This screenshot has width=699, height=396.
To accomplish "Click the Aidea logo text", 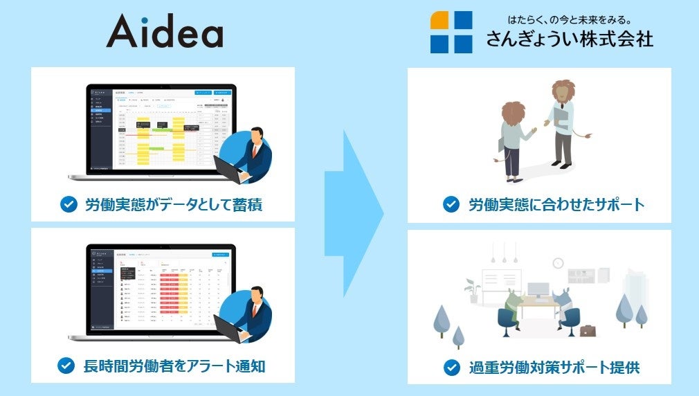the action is click(165, 32).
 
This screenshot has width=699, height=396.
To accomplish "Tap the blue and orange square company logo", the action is click(451, 32).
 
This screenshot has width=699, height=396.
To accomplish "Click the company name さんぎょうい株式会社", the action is click(570, 39).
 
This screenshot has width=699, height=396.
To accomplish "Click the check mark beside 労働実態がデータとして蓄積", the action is click(68, 204).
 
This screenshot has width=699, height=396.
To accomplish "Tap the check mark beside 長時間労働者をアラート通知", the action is click(66, 365).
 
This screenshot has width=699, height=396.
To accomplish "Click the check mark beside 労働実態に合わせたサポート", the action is click(451, 204).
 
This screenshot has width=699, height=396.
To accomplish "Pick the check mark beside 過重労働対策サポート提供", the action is click(451, 366).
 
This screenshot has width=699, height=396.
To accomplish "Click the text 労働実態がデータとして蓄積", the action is click(173, 205).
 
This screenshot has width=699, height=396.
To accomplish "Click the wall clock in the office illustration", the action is click(558, 262).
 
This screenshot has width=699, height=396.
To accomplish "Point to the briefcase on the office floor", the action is click(588, 331).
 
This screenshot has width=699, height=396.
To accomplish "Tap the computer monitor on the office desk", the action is click(538, 289).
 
